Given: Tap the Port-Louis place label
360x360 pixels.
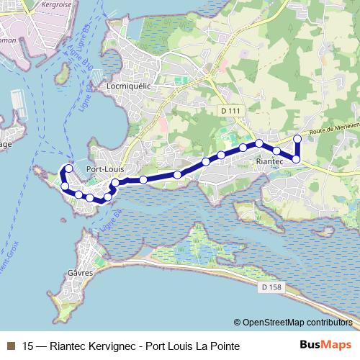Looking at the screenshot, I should pyautogui.click(x=105, y=169).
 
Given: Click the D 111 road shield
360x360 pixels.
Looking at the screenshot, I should pyautogui.click(x=228, y=109).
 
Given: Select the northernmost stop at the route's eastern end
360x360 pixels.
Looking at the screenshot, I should pyautogui.click(x=297, y=138).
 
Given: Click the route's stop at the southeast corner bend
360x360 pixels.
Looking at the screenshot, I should pyautogui.click(x=296, y=158).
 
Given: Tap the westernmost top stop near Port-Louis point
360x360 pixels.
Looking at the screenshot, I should pyautogui.click(x=69, y=168).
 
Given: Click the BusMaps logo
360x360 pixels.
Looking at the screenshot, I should pyautogui.click(x=330, y=345).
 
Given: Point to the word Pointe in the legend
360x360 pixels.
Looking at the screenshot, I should pyautogui.click(x=221, y=346).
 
